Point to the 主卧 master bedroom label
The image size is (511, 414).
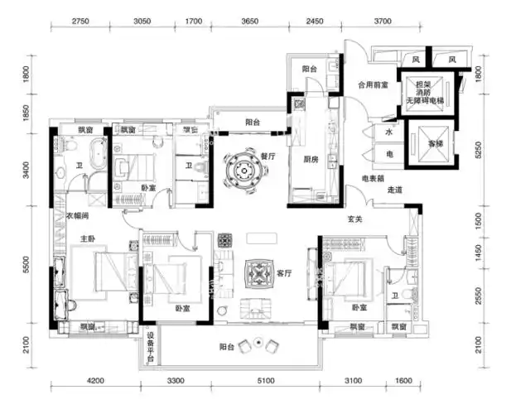click(x=87, y=239)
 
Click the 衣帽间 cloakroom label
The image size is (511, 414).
click(x=79, y=217)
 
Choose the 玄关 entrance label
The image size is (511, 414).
click(x=356, y=219)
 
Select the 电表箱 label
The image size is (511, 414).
click(x=370, y=178)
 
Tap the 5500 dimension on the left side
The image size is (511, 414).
click(x=27, y=265)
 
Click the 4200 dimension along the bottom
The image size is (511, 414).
click(x=94, y=381)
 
